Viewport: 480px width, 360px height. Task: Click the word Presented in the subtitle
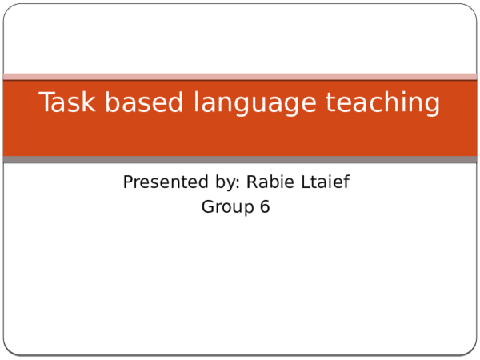(x=160, y=182)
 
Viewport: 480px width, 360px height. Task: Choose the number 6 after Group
(x=265, y=206)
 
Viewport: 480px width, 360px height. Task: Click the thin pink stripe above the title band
(x=240, y=76)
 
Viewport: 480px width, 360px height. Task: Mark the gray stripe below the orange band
(x=240, y=160)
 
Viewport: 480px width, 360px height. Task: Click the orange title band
(x=240, y=136)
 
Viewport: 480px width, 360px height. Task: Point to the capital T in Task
(x=46, y=103)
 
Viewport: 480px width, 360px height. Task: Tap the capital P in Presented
(x=128, y=182)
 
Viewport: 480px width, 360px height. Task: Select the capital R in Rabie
(x=252, y=182)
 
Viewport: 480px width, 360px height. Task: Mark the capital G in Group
(x=207, y=206)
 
